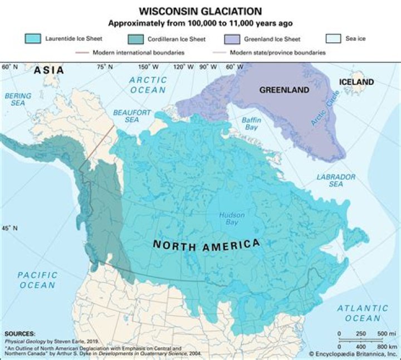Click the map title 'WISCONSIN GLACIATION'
(200, 11)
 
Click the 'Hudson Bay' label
(228, 218)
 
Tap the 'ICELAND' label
(356, 82)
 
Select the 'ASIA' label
(49, 70)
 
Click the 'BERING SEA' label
(18, 100)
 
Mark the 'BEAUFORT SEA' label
(132, 116)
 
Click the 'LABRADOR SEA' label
(336, 181)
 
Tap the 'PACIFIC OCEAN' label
(37, 280)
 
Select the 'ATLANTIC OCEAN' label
(363, 313)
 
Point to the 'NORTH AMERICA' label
(206, 244)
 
